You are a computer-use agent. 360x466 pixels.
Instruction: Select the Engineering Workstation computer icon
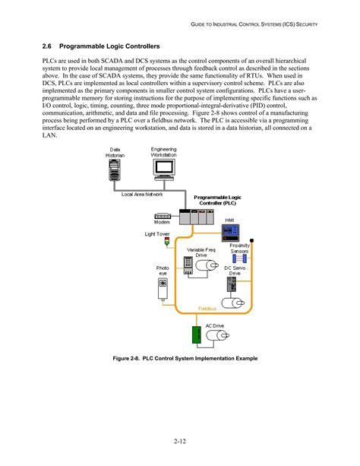pyautogui.click(x=164, y=170)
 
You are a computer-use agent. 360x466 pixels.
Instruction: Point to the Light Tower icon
pyautogui.click(x=169, y=242)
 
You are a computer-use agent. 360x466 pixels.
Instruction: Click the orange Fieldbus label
pyautogui.click(x=209, y=309)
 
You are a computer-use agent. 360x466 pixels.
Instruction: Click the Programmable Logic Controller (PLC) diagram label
pyautogui.click(x=220, y=200)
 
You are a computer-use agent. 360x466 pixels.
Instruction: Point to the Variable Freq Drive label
pyautogui.click(x=201, y=252)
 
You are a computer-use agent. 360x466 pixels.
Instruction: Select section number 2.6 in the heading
pyautogui.click(x=48, y=46)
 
